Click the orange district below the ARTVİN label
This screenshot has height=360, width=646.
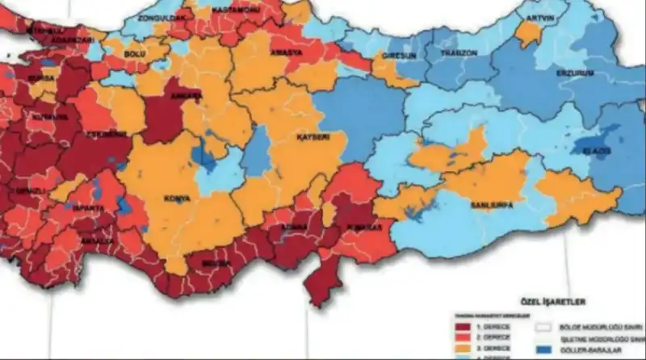[x=528, y=34]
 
